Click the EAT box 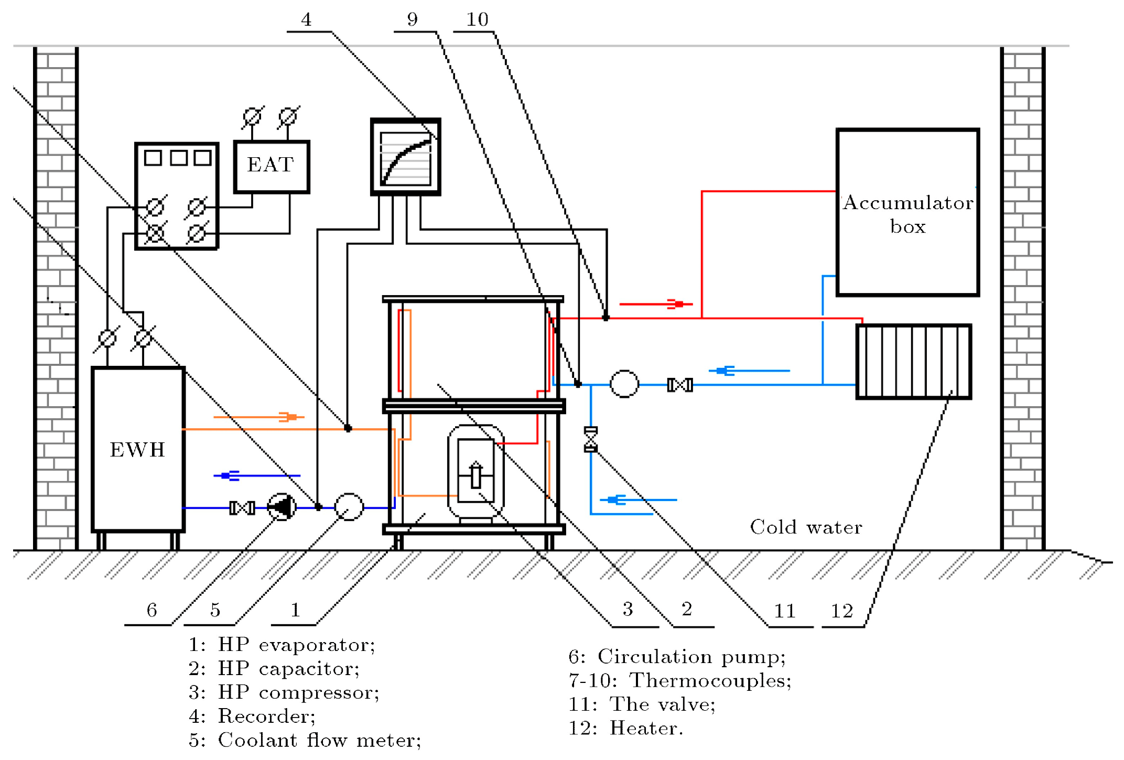pos(271,166)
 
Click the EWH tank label pos(137,450)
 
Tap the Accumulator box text pos(907,214)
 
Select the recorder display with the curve pos(405,157)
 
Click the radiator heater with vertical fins pos(913,362)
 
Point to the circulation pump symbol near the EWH pos(282,507)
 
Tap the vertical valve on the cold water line pos(590,439)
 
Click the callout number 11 pos(785,611)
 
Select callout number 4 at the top pos(306,20)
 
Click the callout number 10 pos(477,20)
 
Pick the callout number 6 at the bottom pos(152,610)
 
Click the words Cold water pos(806,527)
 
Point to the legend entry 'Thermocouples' pos(680,680)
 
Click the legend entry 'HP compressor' pos(284,692)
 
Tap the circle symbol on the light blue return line pos(624,384)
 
